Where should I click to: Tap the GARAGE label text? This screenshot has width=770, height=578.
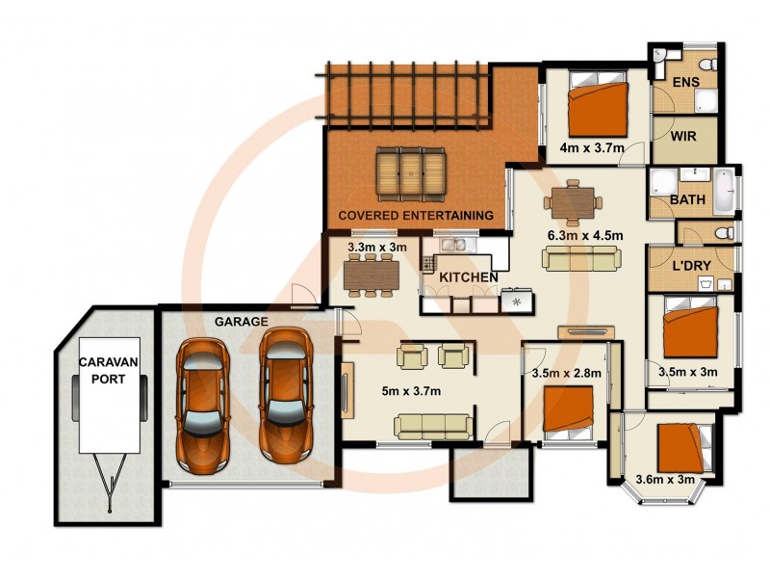point(241,321)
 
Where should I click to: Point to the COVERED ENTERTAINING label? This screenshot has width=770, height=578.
point(415,214)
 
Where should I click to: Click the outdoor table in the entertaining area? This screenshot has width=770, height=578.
point(412,171)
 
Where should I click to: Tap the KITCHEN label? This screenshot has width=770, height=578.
point(469,277)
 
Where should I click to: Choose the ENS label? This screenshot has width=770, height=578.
point(685,83)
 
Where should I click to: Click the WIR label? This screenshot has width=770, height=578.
point(684,136)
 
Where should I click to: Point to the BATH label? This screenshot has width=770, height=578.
point(688,200)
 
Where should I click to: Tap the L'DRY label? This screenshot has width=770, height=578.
point(691,265)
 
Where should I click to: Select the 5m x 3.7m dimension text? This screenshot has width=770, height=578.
point(411,390)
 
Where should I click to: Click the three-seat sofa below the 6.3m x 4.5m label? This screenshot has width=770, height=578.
point(580,257)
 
